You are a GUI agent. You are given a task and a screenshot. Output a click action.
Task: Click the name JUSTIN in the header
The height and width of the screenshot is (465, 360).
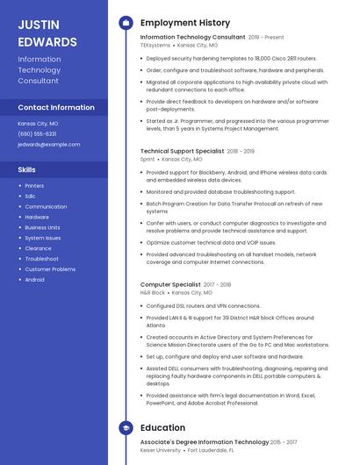click(39, 24)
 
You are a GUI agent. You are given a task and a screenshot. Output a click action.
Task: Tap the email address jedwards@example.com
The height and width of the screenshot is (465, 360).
click(48, 144)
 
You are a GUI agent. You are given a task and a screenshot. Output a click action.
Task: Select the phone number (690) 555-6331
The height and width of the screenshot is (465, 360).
click(37, 133)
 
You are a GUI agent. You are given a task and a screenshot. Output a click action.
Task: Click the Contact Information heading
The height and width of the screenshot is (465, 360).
click(56, 107)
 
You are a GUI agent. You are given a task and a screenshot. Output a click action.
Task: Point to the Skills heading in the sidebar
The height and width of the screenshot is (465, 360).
click(27, 168)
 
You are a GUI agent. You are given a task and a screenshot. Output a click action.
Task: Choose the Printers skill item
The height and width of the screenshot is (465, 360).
click(34, 186)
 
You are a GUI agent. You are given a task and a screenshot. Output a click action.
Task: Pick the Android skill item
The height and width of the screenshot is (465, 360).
click(34, 280)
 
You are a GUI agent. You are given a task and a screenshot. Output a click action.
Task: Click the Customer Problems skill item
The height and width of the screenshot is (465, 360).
click(50, 269)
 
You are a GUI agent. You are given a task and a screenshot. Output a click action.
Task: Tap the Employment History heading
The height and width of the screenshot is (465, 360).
click(185, 23)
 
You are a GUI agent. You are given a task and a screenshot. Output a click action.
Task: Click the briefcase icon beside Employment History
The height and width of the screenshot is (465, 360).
click(126, 23)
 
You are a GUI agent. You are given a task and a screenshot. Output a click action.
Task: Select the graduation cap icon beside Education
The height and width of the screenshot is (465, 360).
click(126, 428)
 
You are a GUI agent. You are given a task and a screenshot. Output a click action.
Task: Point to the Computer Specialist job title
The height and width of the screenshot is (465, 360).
click(170, 284)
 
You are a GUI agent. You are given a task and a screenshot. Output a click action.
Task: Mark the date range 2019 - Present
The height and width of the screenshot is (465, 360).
click(266, 38)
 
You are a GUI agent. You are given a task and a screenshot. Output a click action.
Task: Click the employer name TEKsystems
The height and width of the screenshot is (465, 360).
click(155, 45)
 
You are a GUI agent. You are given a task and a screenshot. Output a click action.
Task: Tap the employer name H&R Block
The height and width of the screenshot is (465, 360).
click(153, 292)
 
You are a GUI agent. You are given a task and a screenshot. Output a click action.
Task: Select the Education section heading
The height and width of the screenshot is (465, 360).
click(162, 428)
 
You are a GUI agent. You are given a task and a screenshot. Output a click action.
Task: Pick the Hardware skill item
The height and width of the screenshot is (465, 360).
click(37, 217)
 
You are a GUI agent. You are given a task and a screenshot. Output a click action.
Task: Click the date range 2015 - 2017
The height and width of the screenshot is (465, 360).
click(284, 442)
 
